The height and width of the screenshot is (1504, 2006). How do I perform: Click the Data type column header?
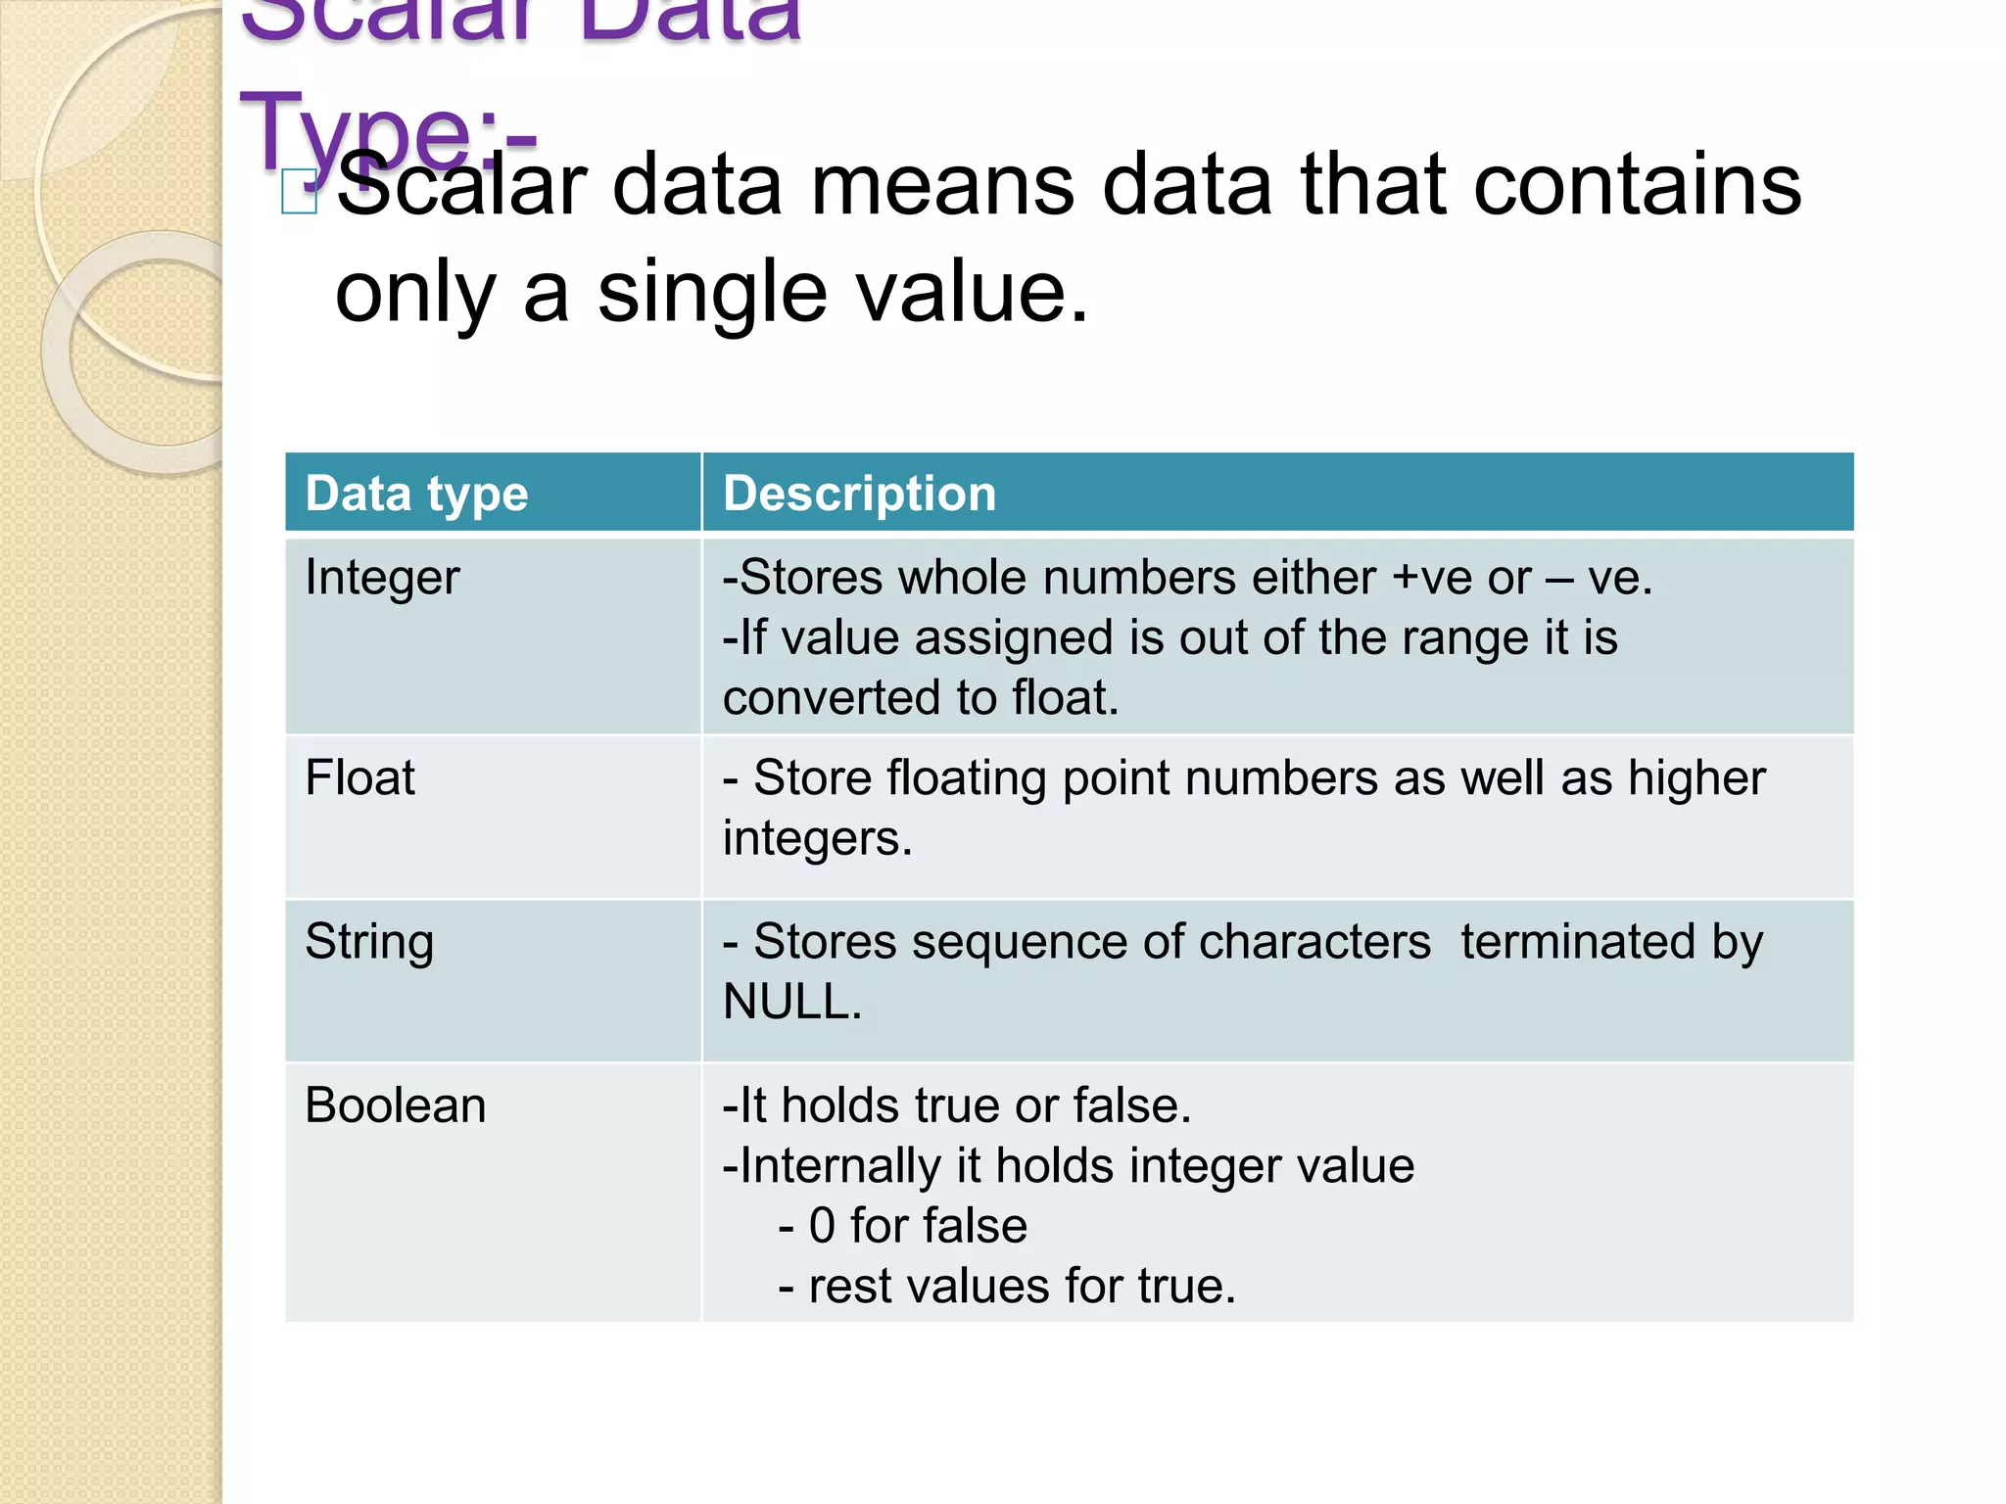[416, 493]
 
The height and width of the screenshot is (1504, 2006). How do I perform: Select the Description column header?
[859, 493]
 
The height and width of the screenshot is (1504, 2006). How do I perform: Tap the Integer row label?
[382, 578]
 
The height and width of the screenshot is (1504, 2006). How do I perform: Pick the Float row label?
[359, 778]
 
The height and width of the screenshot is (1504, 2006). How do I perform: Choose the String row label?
[369, 942]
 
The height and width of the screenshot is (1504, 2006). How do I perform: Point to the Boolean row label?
[395, 1105]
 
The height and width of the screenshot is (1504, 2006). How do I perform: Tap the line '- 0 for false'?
[902, 1226]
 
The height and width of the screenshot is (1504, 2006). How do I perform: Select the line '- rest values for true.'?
[1007, 1287]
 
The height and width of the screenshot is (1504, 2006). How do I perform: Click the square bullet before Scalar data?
[299, 191]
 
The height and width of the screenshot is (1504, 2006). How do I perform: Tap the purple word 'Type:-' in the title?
[388, 132]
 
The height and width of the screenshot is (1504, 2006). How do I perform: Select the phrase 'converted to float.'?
[920, 698]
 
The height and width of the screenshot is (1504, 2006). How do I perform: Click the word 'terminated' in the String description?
[1577, 942]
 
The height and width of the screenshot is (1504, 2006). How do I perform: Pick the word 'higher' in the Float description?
[1696, 778]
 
